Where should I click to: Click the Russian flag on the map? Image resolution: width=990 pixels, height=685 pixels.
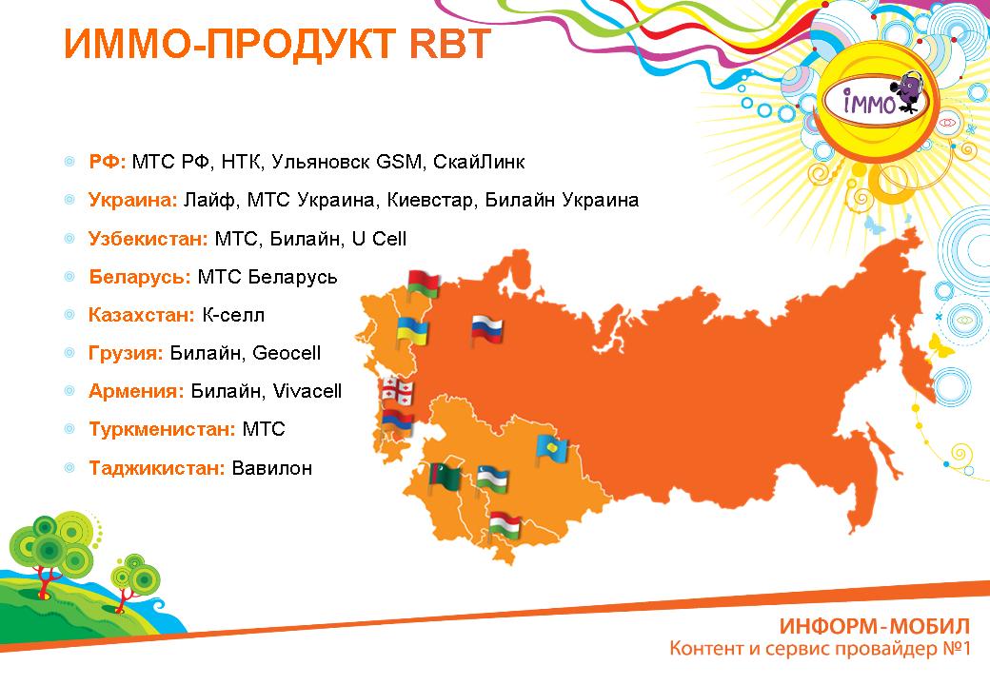click(x=486, y=330)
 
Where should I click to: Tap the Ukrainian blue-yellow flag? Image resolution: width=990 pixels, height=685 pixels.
click(x=412, y=331)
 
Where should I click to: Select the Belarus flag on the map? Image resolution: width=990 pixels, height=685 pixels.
click(x=423, y=284)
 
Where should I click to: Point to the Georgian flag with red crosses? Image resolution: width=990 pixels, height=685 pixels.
click(x=397, y=391)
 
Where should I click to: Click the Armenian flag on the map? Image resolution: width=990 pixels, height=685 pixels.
click(x=397, y=422)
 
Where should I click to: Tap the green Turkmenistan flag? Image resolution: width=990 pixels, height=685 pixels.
click(x=444, y=478)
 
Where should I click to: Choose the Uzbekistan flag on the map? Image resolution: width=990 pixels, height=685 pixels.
click(x=492, y=479)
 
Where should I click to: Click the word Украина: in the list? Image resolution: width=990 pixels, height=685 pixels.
click(x=133, y=200)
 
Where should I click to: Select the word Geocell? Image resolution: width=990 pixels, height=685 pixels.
click(x=286, y=353)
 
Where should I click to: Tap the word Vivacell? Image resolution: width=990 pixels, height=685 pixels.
click(x=307, y=391)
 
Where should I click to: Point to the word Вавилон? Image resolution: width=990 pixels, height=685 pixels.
click(x=272, y=468)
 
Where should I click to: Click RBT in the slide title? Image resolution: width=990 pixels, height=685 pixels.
click(x=450, y=43)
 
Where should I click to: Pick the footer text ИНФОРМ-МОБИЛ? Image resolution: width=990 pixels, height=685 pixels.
click(x=875, y=626)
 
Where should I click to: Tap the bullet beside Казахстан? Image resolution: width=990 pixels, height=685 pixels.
click(x=69, y=314)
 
